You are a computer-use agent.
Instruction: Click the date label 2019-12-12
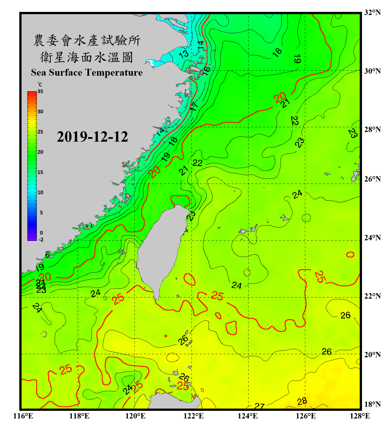point(92,137)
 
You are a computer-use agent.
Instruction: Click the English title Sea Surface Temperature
point(87,73)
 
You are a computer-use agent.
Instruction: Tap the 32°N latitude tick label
point(372,12)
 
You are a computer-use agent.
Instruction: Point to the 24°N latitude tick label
point(372,238)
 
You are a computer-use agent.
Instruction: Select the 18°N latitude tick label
point(372,404)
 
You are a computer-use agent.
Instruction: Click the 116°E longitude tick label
point(23,416)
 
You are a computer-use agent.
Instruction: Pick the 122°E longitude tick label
point(193,416)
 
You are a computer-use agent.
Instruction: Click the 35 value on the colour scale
point(40,92)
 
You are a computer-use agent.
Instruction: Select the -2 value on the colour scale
point(41,240)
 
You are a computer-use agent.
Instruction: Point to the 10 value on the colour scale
point(40,193)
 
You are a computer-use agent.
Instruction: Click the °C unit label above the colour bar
point(40,84)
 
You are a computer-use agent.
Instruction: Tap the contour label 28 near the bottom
point(302,401)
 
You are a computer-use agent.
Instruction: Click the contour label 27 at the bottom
point(259,406)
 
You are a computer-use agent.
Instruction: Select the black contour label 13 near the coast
point(184,54)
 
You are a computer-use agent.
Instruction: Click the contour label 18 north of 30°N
point(277,52)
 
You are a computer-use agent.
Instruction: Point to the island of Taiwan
point(159,249)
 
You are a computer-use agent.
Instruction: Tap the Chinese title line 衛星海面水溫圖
point(87,58)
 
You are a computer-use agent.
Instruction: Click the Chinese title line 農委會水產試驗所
point(87,41)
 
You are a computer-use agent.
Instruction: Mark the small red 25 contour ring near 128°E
point(350,254)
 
